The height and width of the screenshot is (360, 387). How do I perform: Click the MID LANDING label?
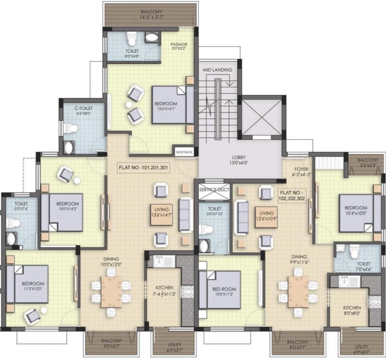(x=217, y=70)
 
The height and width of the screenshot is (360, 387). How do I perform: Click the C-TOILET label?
(x=82, y=110)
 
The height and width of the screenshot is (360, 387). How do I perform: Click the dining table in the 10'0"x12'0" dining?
(x=111, y=291)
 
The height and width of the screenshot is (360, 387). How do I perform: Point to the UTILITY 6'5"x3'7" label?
(x=168, y=347)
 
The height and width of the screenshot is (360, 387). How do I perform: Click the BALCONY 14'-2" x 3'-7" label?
(x=149, y=14)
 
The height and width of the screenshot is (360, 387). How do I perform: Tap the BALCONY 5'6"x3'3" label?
(x=367, y=162)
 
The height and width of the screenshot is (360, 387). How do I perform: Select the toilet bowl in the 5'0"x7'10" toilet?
(x=207, y=230)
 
